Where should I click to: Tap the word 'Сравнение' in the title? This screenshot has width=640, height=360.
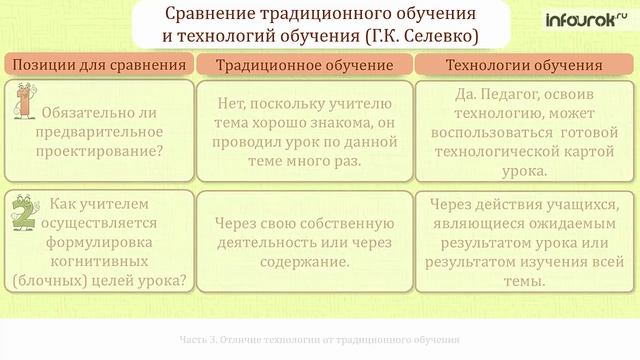coord(210,14)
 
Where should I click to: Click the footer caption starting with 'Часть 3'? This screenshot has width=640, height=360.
coord(318,338)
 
